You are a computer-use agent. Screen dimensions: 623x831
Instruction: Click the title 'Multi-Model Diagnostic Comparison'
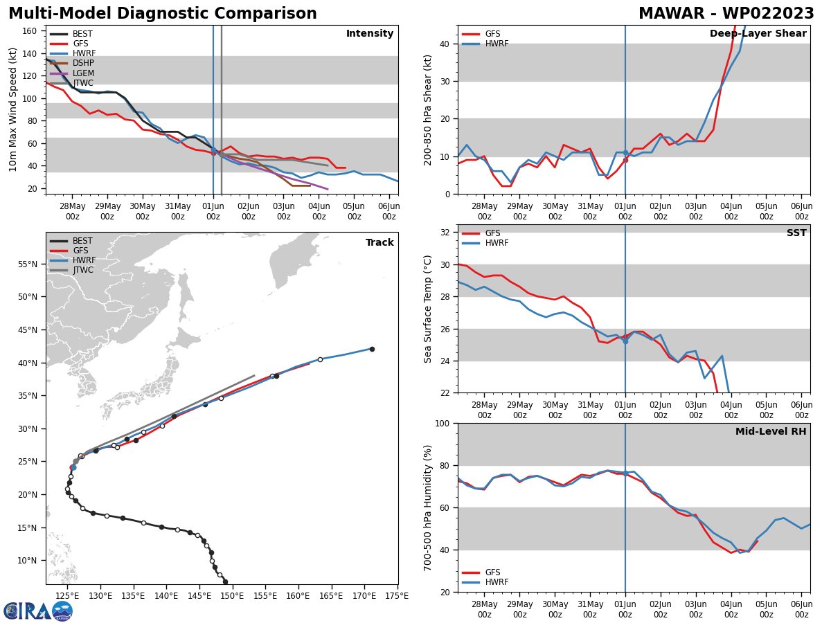coord(163,14)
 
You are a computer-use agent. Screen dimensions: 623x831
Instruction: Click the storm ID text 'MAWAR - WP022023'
coord(726,14)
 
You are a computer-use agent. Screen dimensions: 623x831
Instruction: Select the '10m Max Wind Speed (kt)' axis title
coord(12,109)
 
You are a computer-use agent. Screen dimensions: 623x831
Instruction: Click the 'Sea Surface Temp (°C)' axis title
coord(429,309)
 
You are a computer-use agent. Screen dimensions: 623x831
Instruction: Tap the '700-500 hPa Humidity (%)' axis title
coord(429,507)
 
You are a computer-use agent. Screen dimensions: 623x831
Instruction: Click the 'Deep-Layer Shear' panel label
coord(758,34)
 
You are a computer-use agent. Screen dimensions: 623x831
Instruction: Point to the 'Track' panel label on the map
coord(379,243)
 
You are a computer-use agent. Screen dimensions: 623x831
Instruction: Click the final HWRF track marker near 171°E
coord(372,349)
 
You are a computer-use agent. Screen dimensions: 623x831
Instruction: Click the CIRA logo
coord(38,611)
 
